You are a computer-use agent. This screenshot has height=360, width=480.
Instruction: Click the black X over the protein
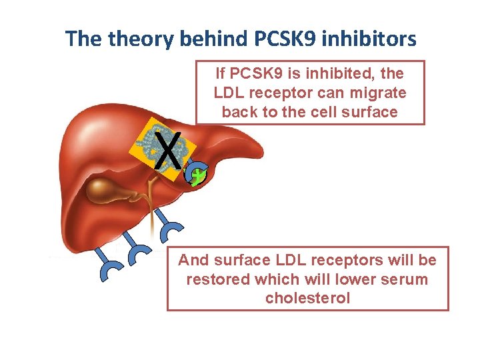(169, 150)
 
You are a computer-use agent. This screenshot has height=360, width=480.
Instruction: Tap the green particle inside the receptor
(198, 176)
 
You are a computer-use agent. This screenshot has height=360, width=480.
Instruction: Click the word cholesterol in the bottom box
(307, 298)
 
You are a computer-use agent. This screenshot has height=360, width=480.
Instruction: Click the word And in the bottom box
(193, 259)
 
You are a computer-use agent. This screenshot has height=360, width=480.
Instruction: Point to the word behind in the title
(213, 39)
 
